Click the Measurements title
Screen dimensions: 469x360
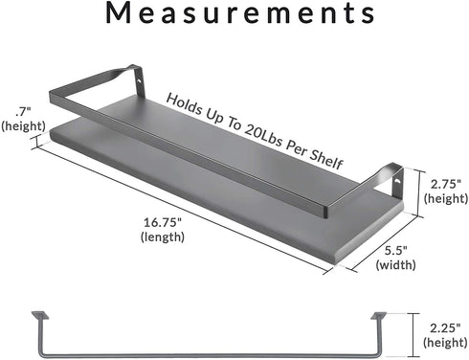point(240,12)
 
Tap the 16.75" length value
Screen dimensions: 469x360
point(163,222)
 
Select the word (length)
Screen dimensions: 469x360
point(163,236)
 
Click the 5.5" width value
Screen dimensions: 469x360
point(395,251)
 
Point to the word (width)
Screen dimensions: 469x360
point(395,265)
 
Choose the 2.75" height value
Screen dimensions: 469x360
point(446,184)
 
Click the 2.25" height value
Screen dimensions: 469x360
point(445,327)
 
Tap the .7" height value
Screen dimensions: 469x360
point(23,112)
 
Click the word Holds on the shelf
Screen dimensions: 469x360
point(185,104)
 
